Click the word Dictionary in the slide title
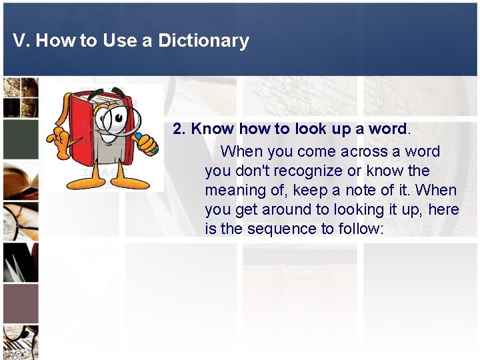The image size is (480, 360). tap(203, 41)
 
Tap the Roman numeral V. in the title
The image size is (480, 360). tap(21, 41)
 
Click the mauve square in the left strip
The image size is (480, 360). tap(20, 303)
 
